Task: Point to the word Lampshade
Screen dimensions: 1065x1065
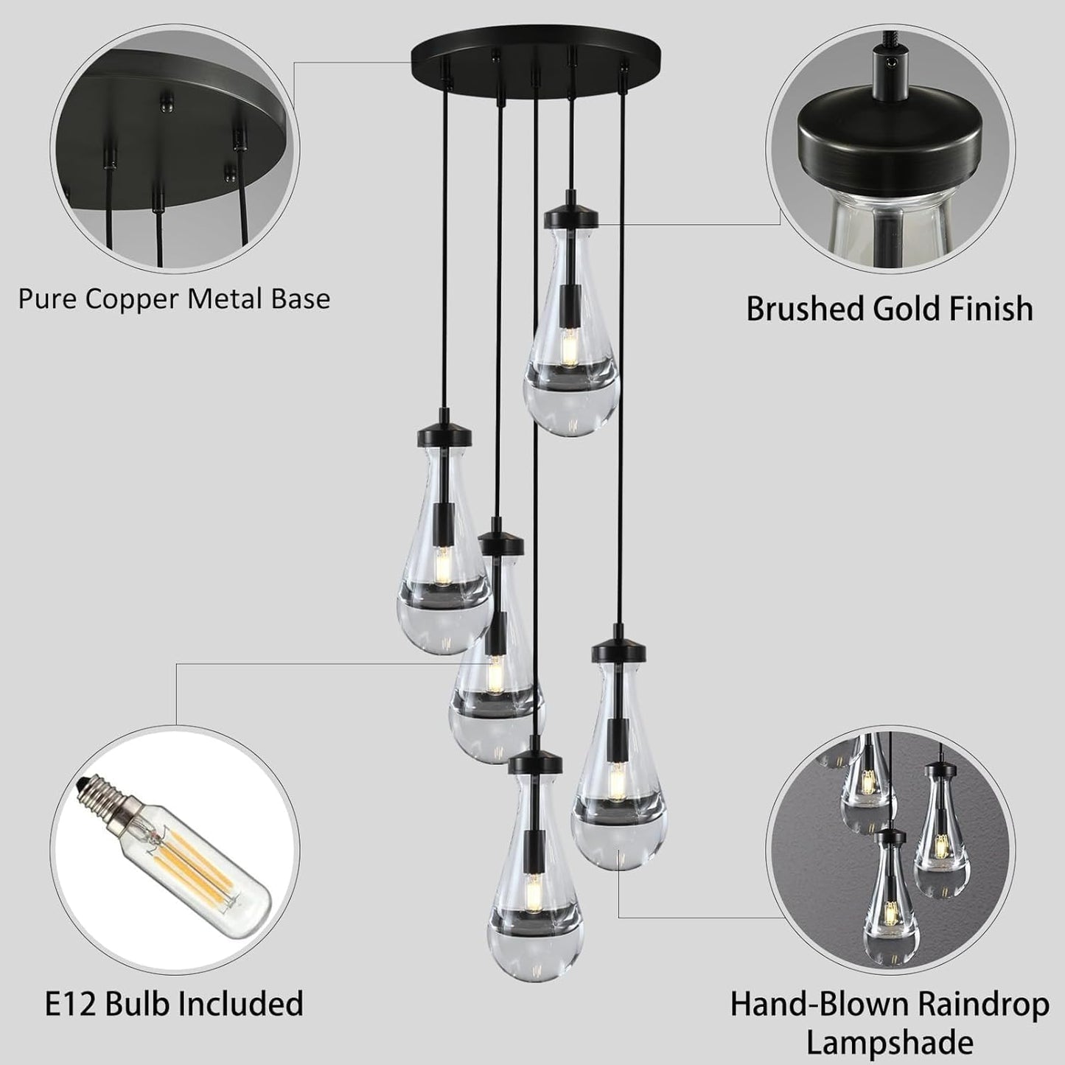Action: [890, 1043]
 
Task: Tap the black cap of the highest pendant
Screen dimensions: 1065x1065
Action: [570, 215]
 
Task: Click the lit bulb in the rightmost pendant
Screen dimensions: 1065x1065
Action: [618, 775]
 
